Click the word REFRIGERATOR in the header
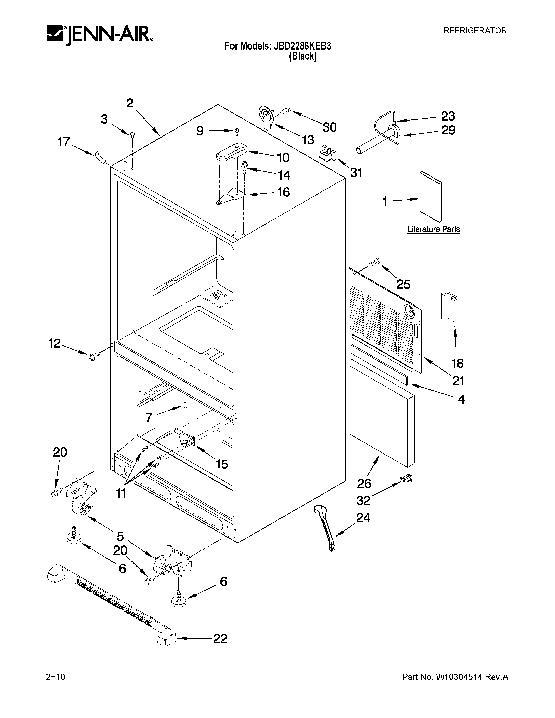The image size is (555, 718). point(475,31)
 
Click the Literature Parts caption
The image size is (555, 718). point(433,229)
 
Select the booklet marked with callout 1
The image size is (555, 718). point(430,197)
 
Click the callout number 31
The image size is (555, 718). point(356,172)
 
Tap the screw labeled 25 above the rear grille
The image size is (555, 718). point(375,262)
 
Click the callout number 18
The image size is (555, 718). point(457,363)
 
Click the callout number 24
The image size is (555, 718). point(363,518)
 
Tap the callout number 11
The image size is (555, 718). point(121,493)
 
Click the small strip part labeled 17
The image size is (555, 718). point(100,157)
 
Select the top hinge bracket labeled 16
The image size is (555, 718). point(233,196)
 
